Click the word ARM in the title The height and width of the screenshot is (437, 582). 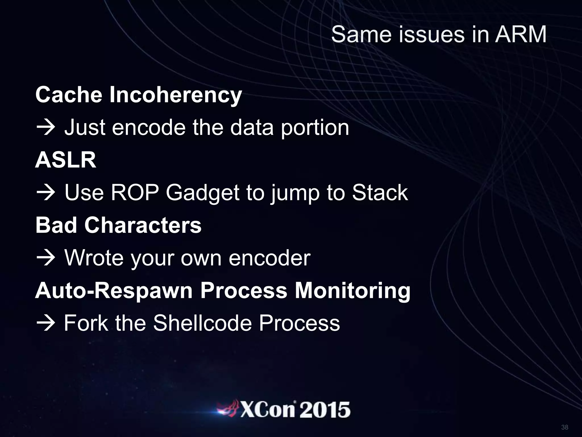[521, 35]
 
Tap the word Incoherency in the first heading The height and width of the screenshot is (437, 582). [175, 95]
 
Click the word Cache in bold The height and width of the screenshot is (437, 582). [68, 95]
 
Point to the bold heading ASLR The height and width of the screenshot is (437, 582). [66, 160]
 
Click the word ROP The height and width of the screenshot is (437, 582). [134, 193]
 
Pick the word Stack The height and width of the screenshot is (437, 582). [380, 193]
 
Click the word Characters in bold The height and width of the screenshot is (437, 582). [143, 225]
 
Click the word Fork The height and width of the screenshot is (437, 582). [86, 323]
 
